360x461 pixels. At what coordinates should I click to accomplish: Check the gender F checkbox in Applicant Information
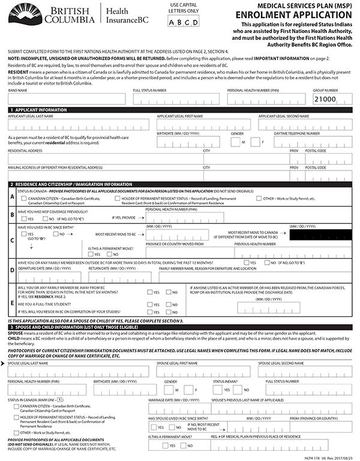coord(253,142)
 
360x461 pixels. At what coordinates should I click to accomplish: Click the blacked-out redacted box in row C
coord(320,235)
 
